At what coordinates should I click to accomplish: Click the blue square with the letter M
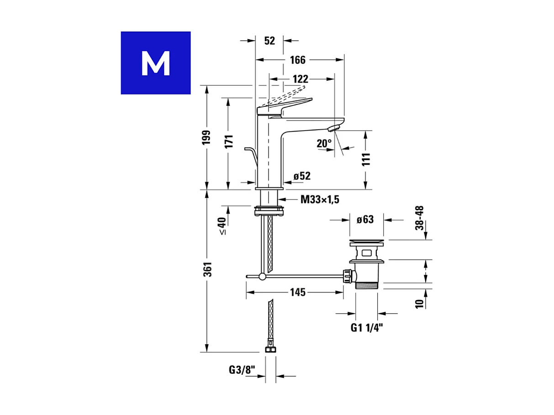(155, 63)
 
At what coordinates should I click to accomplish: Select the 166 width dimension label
(297, 60)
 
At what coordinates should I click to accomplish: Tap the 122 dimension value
(297, 79)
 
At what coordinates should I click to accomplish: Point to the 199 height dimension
(206, 137)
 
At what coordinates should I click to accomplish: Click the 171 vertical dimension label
(229, 141)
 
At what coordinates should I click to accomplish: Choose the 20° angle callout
(324, 143)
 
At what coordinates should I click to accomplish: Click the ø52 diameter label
(302, 176)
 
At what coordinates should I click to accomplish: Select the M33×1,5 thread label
(320, 200)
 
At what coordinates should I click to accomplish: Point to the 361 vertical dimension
(207, 269)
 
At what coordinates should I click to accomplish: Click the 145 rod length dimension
(297, 293)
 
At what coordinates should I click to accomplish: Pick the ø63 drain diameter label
(365, 220)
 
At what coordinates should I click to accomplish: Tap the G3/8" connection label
(242, 370)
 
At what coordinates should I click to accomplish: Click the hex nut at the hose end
(270, 349)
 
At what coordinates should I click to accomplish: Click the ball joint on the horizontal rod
(262, 276)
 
